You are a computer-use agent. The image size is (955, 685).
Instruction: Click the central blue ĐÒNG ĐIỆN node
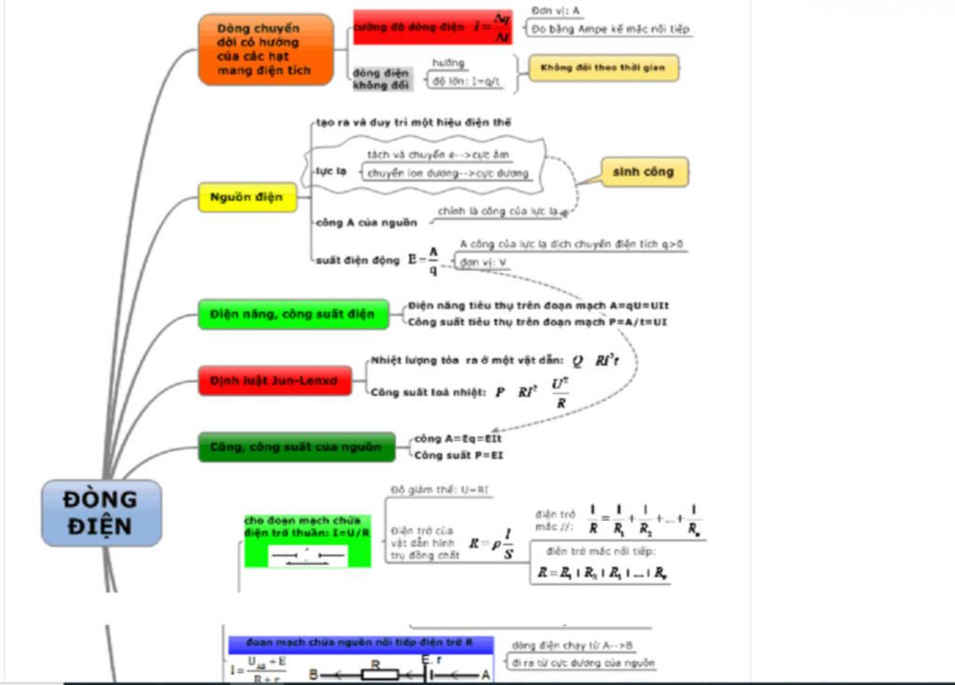click(101, 513)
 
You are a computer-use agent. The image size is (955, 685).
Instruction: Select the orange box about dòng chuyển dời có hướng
click(265, 49)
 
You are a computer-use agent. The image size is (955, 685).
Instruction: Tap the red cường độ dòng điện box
click(432, 28)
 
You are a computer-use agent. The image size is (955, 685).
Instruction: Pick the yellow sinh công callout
click(644, 171)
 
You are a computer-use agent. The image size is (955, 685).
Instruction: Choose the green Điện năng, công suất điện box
click(292, 314)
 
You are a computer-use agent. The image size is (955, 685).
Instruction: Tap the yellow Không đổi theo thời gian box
click(603, 68)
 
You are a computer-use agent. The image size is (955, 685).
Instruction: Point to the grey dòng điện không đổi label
click(381, 78)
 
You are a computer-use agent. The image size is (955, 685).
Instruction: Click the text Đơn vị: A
click(557, 10)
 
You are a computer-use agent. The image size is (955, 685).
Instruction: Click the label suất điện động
click(357, 261)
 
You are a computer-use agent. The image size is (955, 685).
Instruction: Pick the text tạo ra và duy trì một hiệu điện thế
click(412, 122)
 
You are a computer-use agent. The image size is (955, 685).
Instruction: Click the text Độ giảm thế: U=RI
click(440, 490)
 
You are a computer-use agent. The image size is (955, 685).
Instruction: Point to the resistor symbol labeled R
click(378, 673)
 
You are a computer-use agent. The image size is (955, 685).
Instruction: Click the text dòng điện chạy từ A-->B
click(573, 645)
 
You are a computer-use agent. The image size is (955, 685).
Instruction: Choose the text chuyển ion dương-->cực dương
click(448, 173)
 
